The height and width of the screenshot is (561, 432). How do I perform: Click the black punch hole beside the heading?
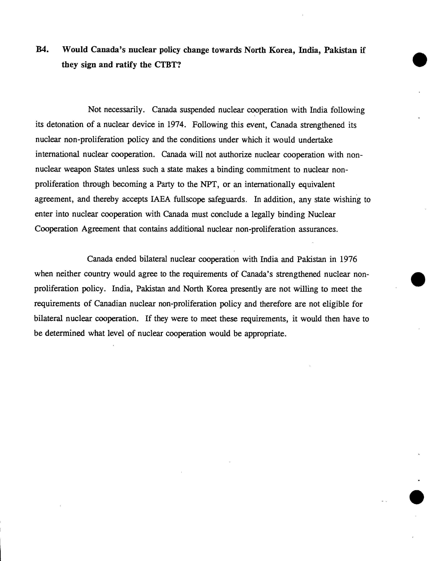420,60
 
